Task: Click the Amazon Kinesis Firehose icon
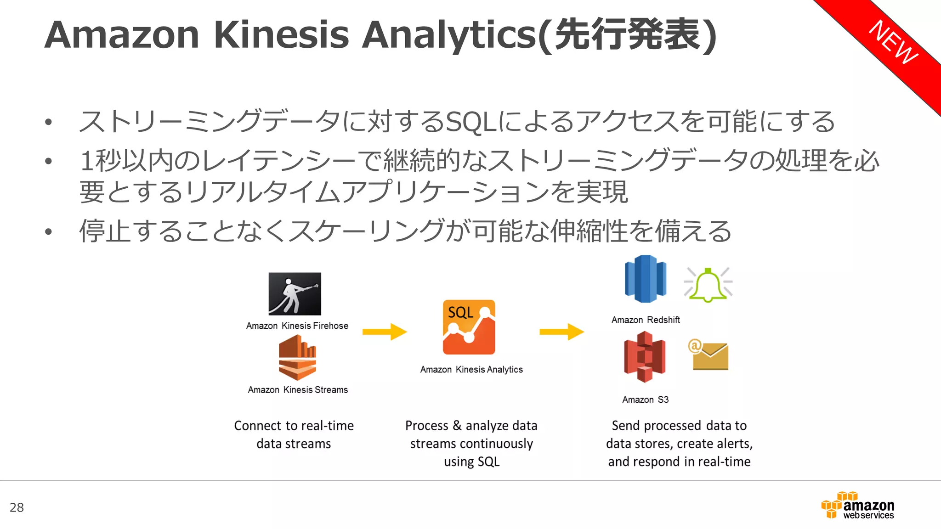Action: [x=295, y=294]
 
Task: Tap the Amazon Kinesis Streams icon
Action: [x=297, y=358]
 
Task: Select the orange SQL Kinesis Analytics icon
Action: [x=469, y=327]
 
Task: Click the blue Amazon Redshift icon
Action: [x=645, y=279]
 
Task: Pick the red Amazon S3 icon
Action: [x=645, y=357]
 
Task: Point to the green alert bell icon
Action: [x=708, y=285]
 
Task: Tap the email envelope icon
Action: [x=709, y=355]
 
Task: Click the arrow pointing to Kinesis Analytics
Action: [x=385, y=332]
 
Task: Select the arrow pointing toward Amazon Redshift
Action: [x=561, y=332]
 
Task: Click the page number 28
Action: [x=17, y=507]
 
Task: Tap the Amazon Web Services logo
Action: [x=858, y=506]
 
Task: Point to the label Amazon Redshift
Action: [x=646, y=320]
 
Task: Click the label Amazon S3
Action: [x=645, y=400]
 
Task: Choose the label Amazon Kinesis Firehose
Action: [x=297, y=326]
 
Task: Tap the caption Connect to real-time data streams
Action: [x=294, y=434]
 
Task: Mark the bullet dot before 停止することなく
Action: [x=49, y=231]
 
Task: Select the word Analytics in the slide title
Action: [x=449, y=35]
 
